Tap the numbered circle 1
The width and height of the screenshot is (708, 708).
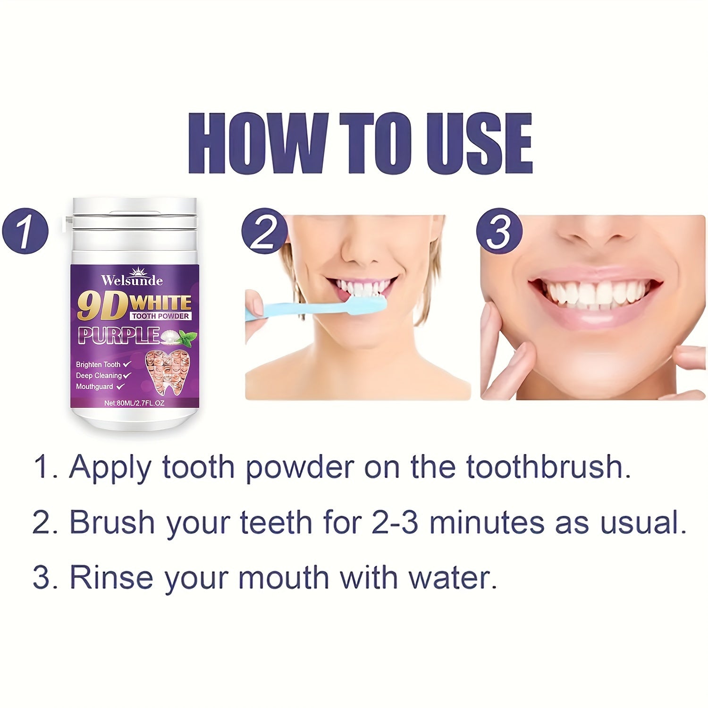25,231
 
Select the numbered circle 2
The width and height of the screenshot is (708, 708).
264,231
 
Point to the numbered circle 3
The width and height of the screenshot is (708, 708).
499,231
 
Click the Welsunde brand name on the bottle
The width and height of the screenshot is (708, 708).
132,281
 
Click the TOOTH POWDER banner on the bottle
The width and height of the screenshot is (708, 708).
160,316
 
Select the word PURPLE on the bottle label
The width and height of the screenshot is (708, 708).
118,336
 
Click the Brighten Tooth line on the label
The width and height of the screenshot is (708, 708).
98,364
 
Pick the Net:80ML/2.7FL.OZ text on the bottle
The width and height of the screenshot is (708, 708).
134,403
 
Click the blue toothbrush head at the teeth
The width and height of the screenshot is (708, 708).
368,304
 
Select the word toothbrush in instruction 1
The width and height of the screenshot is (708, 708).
548,467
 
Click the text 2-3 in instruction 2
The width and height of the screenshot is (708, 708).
395,523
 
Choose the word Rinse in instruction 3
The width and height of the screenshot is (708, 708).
111,578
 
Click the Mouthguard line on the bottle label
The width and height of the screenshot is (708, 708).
94,387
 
